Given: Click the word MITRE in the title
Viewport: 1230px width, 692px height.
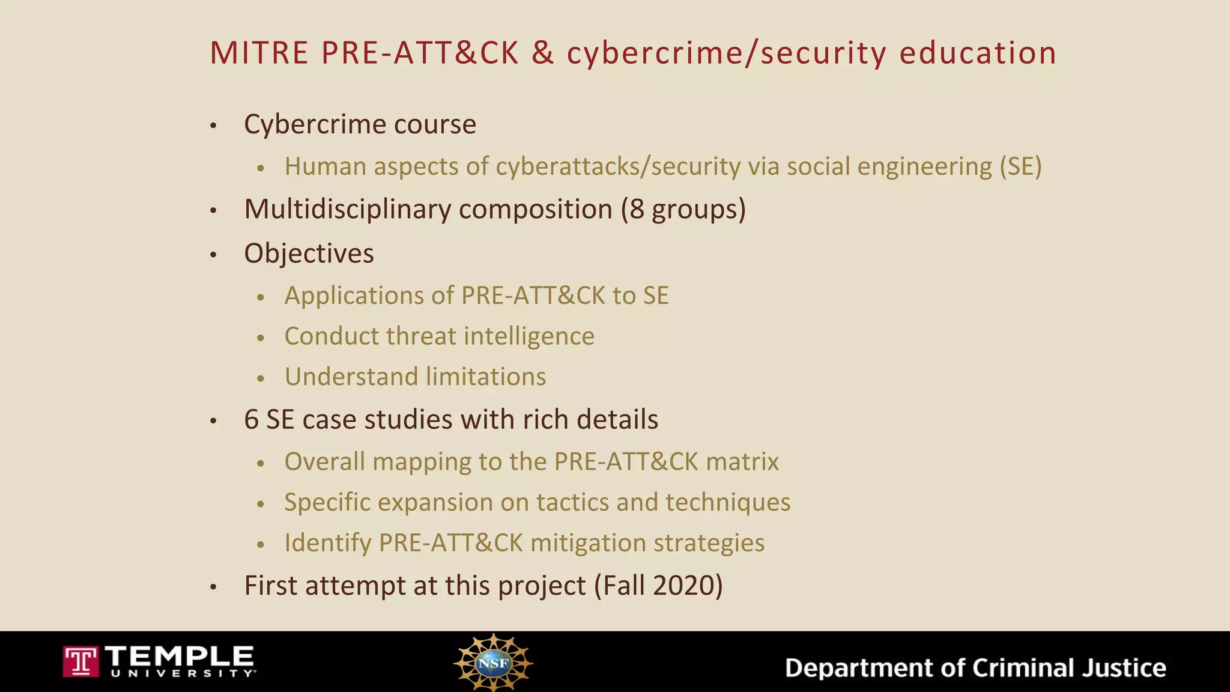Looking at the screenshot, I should (x=259, y=53).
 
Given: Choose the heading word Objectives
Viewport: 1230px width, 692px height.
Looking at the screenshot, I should (x=309, y=253).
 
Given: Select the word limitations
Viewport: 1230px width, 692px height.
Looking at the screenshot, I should (x=486, y=377).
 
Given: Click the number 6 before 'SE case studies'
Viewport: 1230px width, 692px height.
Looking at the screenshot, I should (x=251, y=419).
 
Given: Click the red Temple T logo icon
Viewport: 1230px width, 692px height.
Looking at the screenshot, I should (x=80, y=661).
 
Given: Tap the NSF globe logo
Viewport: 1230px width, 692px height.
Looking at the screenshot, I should (x=493, y=663).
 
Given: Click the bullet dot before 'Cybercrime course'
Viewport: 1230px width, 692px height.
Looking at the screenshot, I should (x=213, y=126).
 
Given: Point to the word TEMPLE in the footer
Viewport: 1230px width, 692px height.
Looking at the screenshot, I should (x=180, y=656).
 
